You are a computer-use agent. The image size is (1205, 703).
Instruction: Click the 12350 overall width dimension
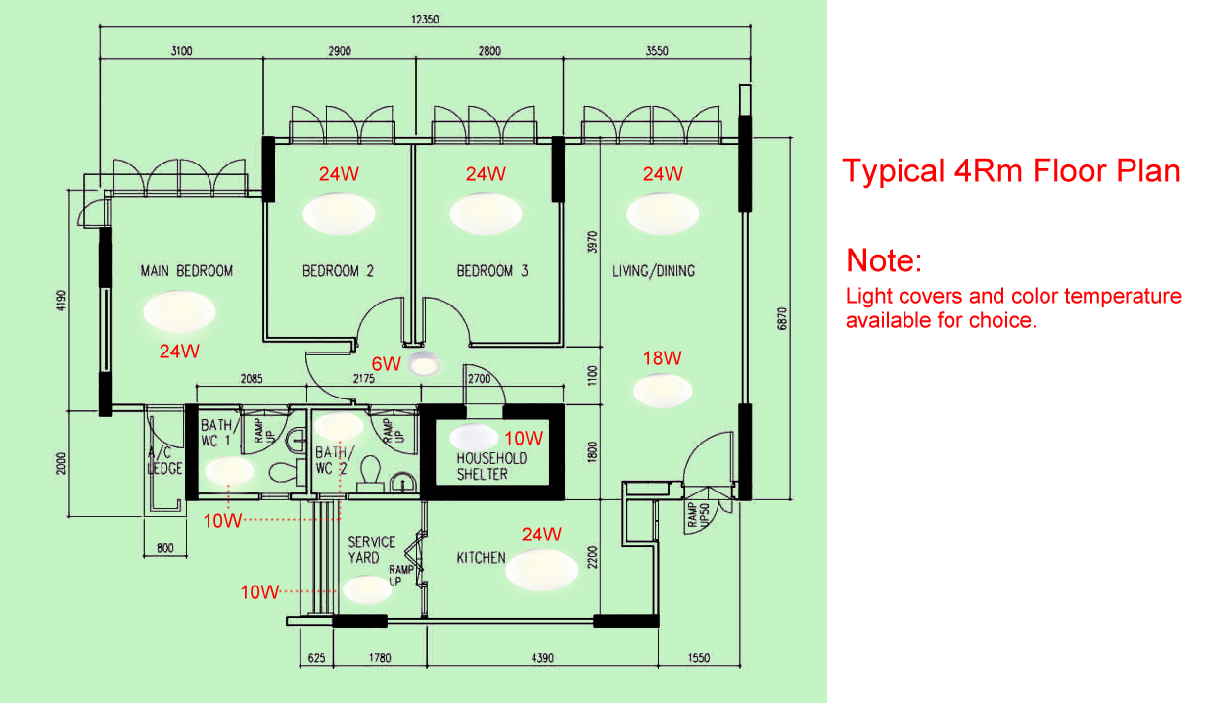(x=425, y=20)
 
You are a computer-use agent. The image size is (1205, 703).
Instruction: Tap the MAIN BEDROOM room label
(x=187, y=271)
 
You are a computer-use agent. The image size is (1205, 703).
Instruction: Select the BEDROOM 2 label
(x=338, y=271)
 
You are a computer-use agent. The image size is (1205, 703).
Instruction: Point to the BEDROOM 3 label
(x=492, y=271)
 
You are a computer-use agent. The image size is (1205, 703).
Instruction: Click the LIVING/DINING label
(x=653, y=271)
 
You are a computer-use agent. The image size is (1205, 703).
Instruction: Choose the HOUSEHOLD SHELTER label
(x=491, y=466)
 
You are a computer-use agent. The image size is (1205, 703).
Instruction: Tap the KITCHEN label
(x=481, y=558)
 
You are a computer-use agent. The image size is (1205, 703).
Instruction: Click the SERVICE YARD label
(x=371, y=549)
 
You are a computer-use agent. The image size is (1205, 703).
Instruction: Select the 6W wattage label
(x=387, y=364)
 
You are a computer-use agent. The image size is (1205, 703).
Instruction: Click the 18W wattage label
(x=663, y=358)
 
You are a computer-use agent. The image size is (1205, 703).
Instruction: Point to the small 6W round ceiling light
(x=424, y=364)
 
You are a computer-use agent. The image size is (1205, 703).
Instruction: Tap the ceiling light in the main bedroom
(x=179, y=311)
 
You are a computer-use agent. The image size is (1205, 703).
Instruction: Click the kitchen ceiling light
(x=541, y=570)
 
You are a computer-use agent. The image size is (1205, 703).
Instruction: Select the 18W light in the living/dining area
(x=663, y=391)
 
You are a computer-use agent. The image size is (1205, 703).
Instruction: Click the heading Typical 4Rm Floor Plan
(x=1011, y=171)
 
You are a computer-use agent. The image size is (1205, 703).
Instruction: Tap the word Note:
(x=884, y=260)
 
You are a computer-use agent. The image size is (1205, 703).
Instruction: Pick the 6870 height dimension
(x=782, y=318)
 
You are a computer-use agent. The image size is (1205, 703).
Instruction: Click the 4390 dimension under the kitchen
(x=542, y=658)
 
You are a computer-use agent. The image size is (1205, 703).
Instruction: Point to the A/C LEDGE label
(x=164, y=460)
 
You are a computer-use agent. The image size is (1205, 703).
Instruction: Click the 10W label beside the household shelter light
(x=524, y=439)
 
